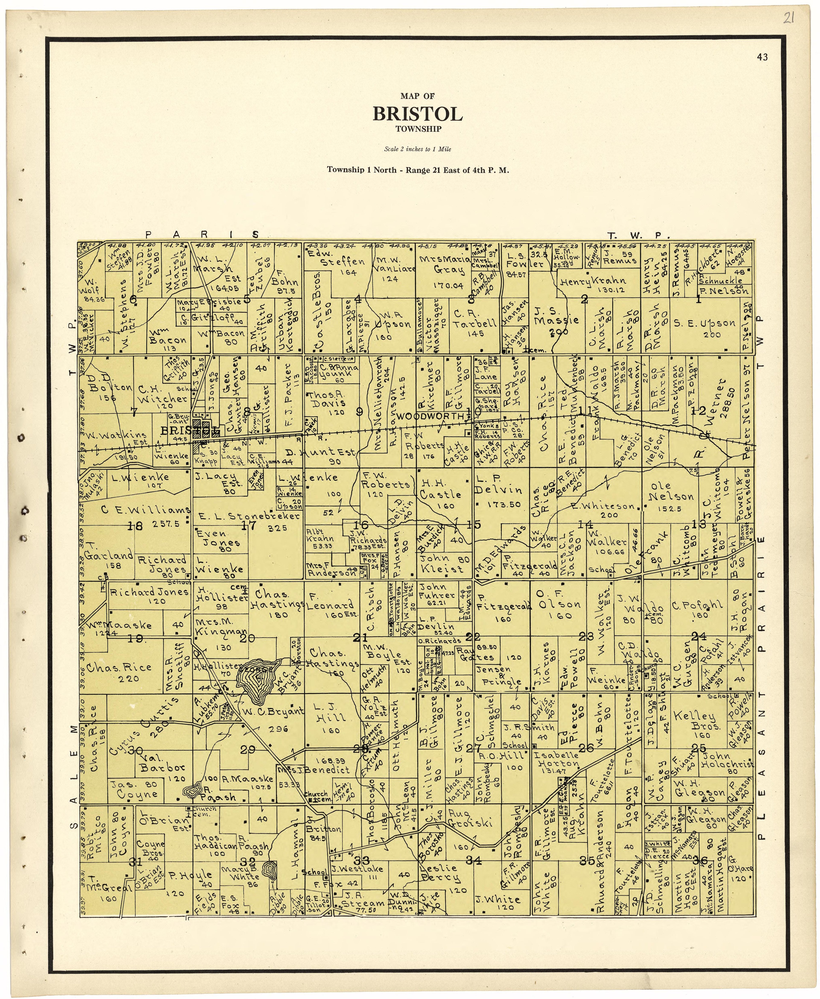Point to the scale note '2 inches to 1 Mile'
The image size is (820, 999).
tap(417, 149)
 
